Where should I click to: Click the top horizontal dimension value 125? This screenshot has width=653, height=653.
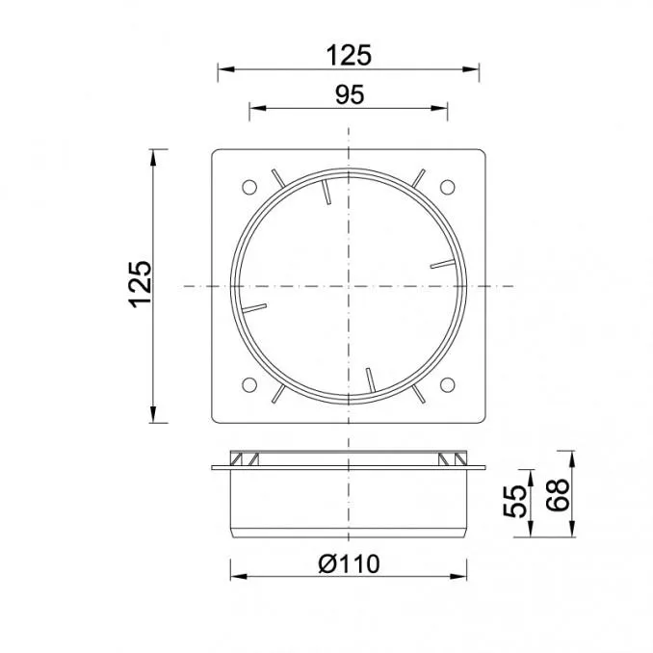tap(348, 55)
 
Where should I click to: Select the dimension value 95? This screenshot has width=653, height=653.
tap(350, 94)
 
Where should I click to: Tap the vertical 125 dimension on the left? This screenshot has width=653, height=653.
tap(140, 284)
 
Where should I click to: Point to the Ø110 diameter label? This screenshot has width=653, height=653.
tap(349, 563)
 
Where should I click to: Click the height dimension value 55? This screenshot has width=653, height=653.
tap(514, 501)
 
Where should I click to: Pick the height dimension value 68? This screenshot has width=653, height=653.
tap(558, 495)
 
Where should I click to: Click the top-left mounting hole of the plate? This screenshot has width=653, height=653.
tap(249, 187)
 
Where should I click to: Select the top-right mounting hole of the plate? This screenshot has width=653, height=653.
tap(447, 187)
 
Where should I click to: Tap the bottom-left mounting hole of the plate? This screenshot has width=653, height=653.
tap(249, 385)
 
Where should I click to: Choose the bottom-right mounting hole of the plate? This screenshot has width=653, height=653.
tap(447, 385)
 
